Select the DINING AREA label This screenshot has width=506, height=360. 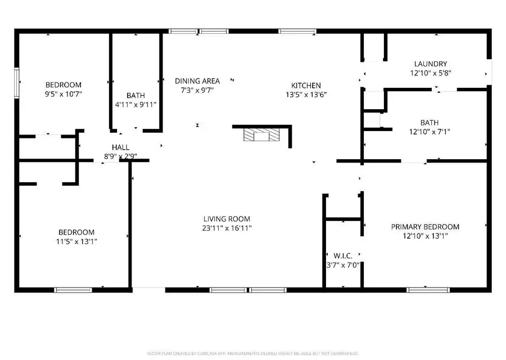pos(197,81)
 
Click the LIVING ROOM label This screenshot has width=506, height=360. pos(227,219)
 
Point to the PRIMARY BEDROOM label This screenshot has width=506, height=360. pos(425,227)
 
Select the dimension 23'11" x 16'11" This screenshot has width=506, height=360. pos(227,228)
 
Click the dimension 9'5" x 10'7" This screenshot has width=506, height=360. pos(64,94)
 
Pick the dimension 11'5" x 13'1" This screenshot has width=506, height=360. pos(76,241)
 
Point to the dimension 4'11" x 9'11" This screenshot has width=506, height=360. pos(135,105)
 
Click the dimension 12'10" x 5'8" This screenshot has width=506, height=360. pos(430,73)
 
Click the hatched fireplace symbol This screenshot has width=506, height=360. pos(261,136)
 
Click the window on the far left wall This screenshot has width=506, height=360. pos(17,82)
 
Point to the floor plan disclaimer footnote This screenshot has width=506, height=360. pos(252,353)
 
